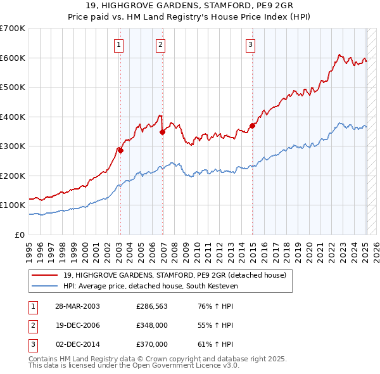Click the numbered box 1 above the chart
119,44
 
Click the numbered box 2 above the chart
161,44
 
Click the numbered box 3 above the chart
251,44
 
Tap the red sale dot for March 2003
120,150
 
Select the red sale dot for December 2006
162,132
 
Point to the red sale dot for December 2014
252,126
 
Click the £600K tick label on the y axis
13,58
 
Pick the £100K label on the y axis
13,205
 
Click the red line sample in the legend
44,275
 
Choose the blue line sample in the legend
44,287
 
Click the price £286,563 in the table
152,306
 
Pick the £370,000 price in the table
152,344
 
